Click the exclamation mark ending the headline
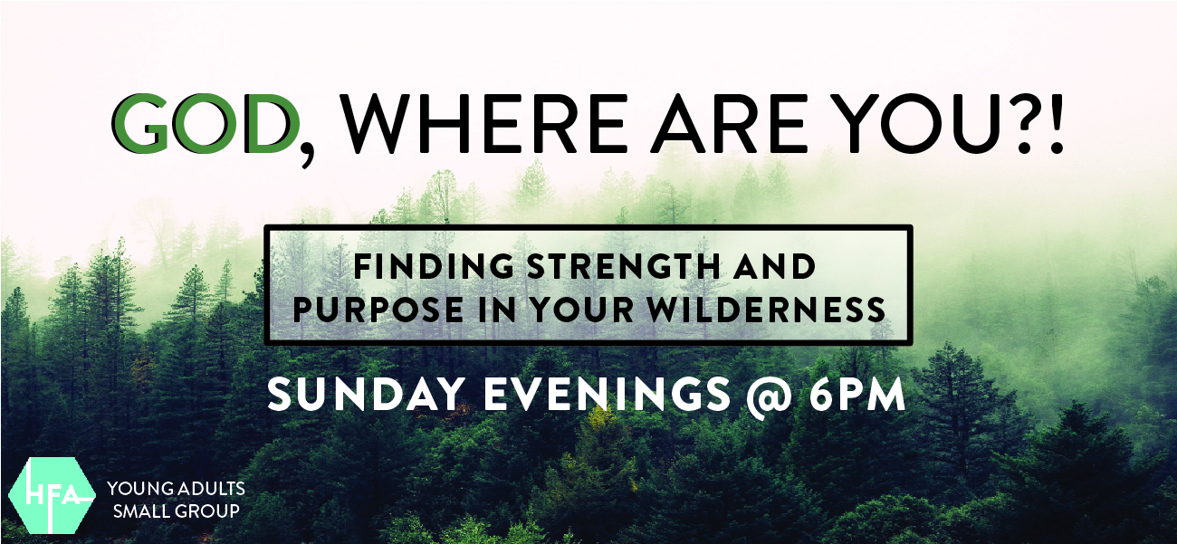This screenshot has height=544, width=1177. [1057, 124]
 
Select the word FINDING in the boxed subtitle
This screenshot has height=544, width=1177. [434, 266]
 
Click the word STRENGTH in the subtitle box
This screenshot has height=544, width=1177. [623, 266]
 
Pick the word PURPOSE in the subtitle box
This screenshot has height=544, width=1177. [378, 309]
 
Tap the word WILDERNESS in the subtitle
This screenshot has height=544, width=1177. [767, 309]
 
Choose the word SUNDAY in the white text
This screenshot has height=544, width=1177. [367, 394]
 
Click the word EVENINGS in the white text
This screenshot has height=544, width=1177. [608, 394]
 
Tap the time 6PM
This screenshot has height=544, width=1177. [857, 394]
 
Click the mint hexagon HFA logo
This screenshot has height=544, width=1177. [52, 496]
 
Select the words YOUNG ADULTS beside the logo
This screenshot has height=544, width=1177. [177, 489]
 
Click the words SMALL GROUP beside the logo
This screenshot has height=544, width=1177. [177, 511]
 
